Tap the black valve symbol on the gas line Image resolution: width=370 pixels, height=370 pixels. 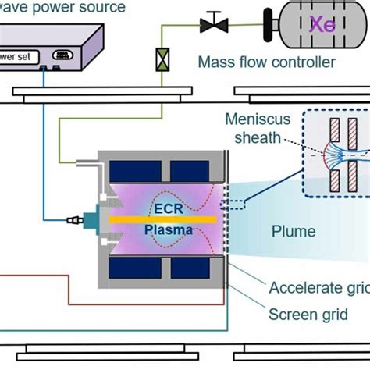[x=210, y=24]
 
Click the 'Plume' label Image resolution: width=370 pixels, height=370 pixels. [x=293, y=231]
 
